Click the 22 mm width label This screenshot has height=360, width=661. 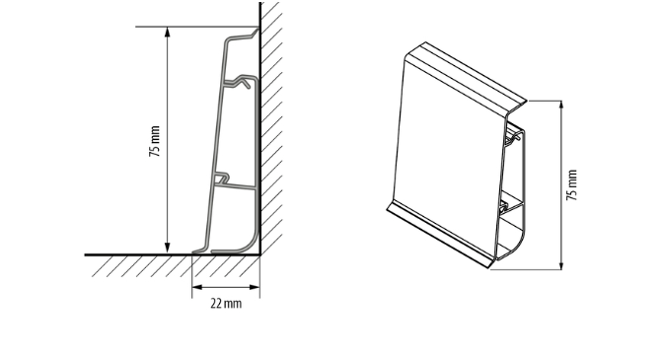point(226,304)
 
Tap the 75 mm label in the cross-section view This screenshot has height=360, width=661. point(155,141)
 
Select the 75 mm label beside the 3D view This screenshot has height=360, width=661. point(571,185)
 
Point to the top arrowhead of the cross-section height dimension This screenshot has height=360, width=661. point(168,33)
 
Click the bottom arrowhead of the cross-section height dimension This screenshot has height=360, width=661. point(168,249)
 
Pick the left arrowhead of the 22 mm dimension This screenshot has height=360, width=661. point(197,287)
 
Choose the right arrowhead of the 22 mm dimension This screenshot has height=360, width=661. point(255,287)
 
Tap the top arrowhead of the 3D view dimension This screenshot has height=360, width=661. point(561,107)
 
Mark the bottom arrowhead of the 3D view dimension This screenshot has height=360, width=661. point(561,263)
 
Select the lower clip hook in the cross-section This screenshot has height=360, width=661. point(223,179)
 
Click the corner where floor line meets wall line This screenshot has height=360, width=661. point(260,254)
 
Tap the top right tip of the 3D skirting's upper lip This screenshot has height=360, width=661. point(526,102)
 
